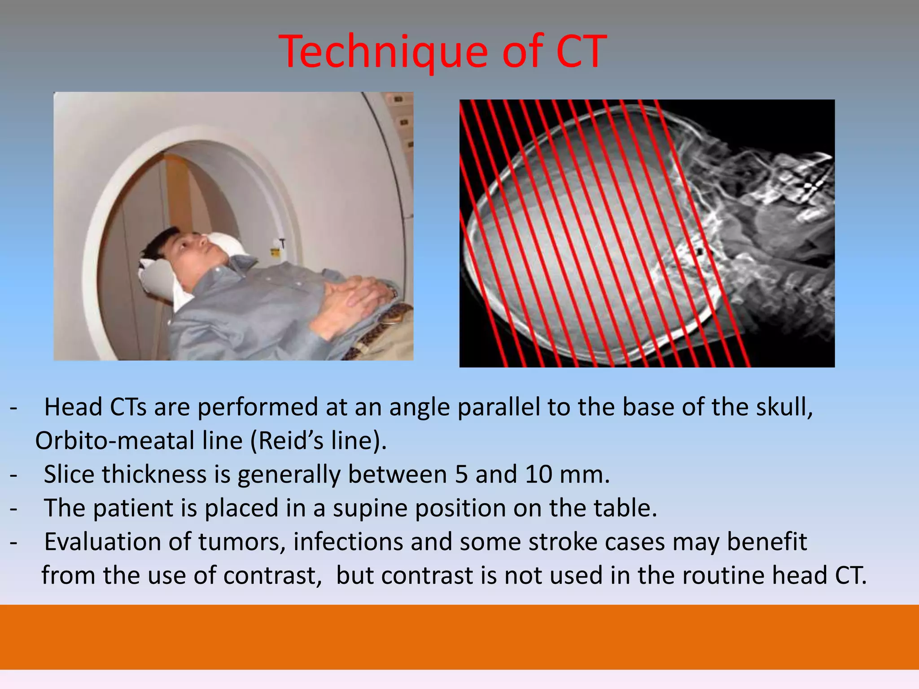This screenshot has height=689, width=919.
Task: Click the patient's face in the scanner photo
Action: pos(193,251)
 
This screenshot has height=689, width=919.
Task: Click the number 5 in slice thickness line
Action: pos(461,474)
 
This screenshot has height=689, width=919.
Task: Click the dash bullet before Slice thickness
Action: pos(14,474)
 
